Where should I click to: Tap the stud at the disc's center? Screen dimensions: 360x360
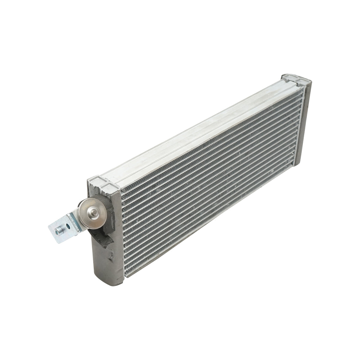[93, 214]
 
